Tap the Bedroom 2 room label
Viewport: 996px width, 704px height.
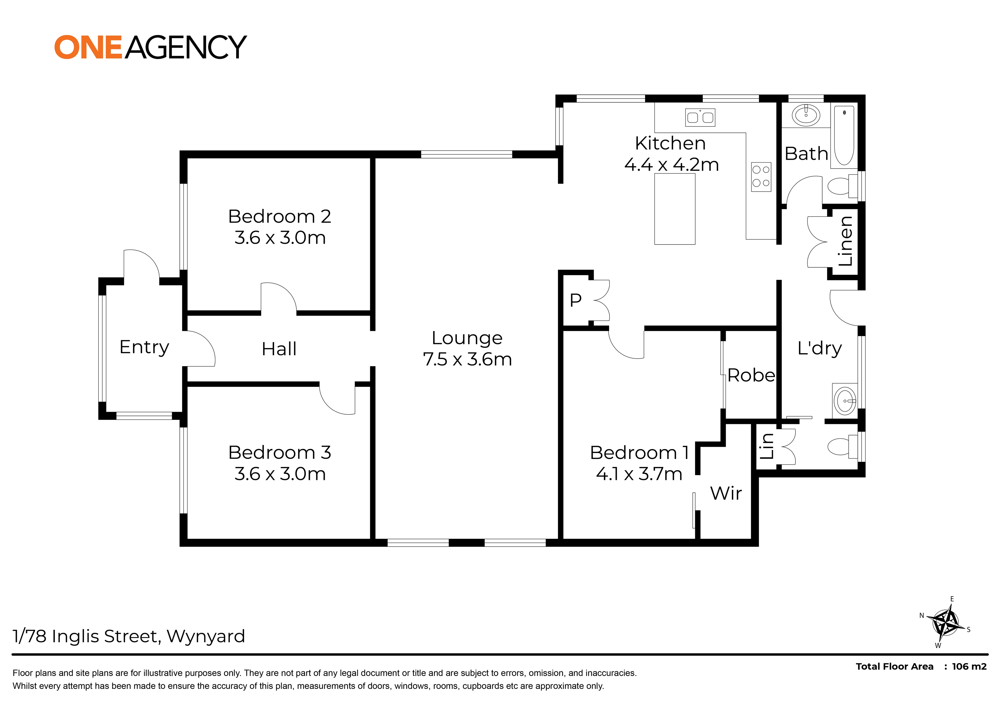[280, 217]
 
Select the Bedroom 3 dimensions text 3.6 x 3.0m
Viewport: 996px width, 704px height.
[280, 474]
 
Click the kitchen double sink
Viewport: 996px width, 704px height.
[700, 117]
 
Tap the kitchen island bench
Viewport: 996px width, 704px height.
[675, 209]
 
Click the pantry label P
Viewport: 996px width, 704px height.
[576, 300]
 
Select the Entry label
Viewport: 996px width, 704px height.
[144, 347]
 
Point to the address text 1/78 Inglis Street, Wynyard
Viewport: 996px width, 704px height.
[129, 636]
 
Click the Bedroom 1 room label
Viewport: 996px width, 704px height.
[639, 453]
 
